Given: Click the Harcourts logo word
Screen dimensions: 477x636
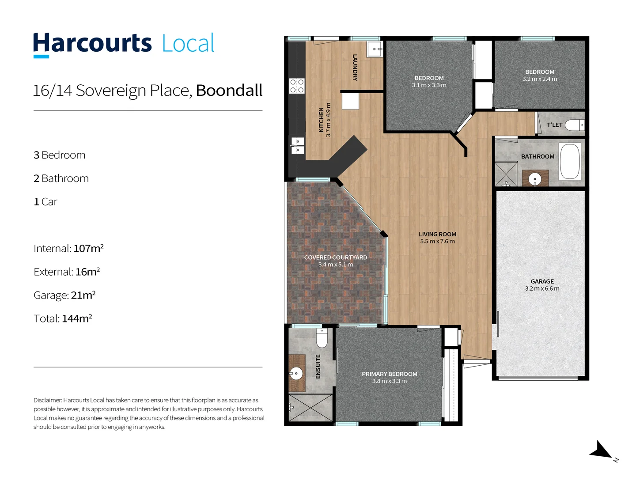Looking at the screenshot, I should [92, 43].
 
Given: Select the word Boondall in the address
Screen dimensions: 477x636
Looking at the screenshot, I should [229, 91].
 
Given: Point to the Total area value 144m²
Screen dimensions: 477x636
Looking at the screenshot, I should [77, 318].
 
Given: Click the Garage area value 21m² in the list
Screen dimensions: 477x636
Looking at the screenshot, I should [83, 295].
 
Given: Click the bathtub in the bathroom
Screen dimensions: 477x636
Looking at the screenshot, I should [570, 161].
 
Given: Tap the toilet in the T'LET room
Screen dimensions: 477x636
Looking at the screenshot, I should [575, 125].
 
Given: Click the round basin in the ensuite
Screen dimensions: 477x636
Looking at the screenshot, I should [296, 373].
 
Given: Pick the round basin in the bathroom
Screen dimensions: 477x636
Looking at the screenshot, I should [535, 179].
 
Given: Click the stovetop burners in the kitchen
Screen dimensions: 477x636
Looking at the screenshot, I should [297, 86].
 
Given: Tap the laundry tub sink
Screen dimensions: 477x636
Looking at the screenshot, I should [375, 49].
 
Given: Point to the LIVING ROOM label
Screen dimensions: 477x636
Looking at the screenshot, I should [437, 234].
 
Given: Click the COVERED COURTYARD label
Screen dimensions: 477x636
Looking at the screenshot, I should [335, 257].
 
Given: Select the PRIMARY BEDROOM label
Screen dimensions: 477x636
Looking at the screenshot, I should [389, 374].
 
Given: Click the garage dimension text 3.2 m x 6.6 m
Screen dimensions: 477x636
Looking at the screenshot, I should [542, 289].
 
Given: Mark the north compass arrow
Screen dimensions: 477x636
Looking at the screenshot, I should [601, 450].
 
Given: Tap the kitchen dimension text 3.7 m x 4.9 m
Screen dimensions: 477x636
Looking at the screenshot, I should [328, 120].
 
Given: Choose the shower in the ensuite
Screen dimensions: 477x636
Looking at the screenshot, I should [310, 407].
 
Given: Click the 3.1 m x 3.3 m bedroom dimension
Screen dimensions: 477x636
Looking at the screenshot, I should [429, 85].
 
